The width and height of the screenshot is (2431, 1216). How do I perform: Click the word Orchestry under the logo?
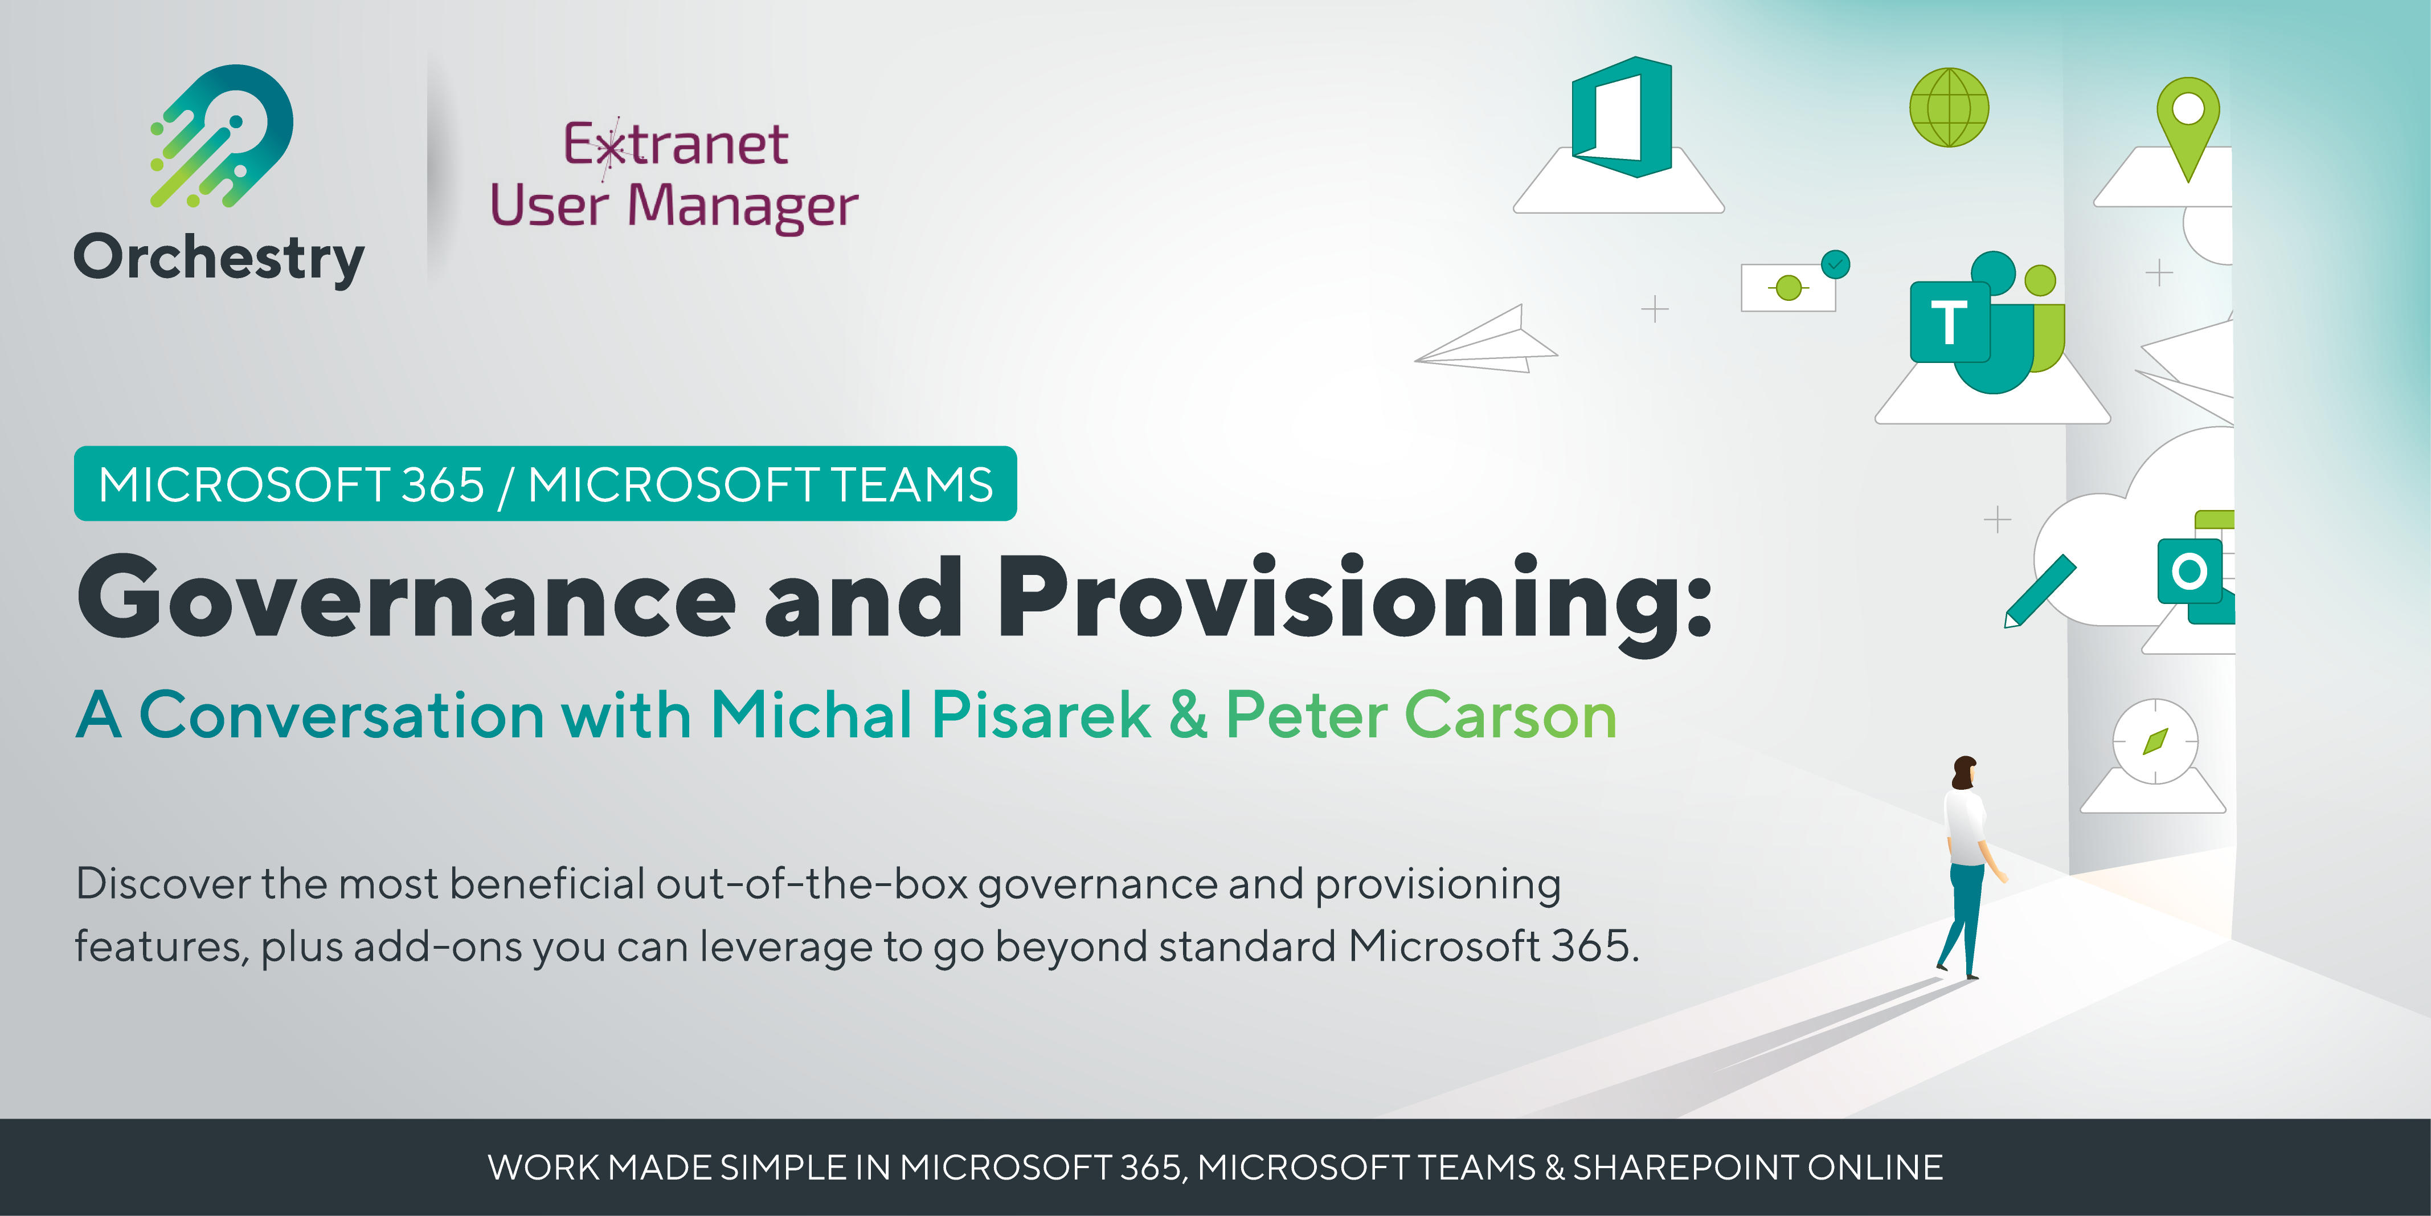[x=219, y=257]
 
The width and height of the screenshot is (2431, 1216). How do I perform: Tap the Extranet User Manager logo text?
[x=674, y=176]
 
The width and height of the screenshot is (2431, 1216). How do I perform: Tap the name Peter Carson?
[x=1421, y=715]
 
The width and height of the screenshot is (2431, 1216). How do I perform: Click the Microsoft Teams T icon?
[x=1949, y=323]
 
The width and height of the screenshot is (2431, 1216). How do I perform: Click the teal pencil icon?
[x=2039, y=591]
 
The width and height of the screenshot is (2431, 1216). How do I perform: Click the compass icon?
[x=2155, y=742]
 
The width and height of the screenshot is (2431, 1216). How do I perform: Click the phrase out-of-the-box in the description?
[x=812, y=884]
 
